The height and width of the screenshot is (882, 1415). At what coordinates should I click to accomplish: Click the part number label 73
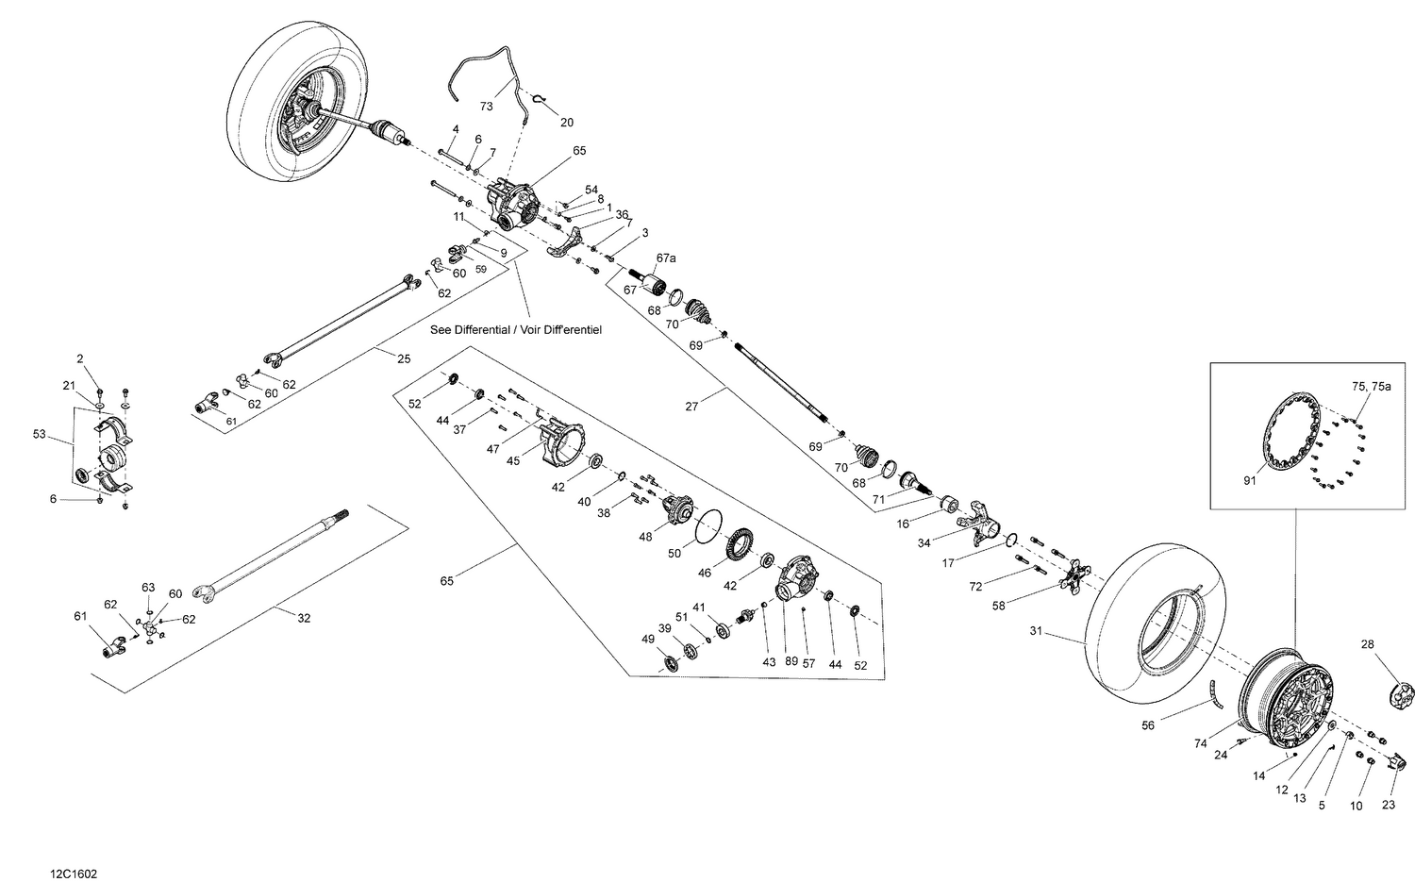click(487, 107)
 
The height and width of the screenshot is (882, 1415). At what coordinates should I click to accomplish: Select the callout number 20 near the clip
click(566, 123)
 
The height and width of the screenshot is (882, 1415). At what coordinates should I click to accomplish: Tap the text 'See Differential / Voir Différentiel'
click(515, 330)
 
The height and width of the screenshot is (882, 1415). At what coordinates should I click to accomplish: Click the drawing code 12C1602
click(75, 874)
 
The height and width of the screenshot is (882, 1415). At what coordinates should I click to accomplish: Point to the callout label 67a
click(667, 258)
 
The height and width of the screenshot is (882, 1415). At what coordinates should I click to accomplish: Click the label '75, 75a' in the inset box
click(1371, 387)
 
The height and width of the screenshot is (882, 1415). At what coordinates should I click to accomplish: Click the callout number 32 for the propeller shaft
click(304, 619)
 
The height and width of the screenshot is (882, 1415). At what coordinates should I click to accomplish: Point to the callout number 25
click(404, 359)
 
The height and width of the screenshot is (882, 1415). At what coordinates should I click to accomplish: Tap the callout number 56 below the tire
click(1148, 725)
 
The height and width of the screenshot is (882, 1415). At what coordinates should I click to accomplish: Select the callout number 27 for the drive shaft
click(691, 407)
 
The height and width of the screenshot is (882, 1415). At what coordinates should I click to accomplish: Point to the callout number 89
click(791, 663)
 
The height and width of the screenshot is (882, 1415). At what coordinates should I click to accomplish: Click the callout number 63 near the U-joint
click(148, 587)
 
